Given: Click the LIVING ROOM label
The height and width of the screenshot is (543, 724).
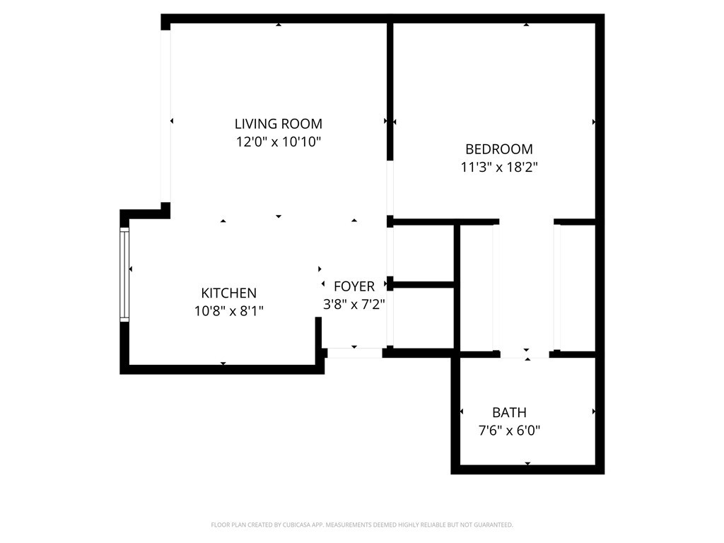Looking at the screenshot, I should point(279,124).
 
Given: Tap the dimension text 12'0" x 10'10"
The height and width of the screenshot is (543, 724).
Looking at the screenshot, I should point(279,142).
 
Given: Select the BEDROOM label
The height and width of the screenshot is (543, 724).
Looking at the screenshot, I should point(498,149).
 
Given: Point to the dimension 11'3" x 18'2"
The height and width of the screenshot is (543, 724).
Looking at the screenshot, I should point(498,168).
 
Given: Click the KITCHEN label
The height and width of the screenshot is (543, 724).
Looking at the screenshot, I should point(228,293).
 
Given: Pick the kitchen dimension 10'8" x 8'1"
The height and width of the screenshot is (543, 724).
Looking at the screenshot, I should point(228,310).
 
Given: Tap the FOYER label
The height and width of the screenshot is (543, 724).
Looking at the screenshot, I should point(354,286).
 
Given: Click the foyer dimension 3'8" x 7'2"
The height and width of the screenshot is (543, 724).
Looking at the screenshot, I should point(354,304).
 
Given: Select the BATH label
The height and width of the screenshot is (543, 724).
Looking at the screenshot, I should point(509,412).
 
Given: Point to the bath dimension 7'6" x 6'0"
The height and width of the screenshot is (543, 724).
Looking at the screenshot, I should point(509,430).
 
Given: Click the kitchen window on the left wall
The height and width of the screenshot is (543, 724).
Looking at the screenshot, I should point(125,275).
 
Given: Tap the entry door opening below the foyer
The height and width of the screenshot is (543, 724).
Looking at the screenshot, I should point(354,352).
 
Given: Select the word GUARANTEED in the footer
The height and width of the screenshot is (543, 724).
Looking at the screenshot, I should point(493,525).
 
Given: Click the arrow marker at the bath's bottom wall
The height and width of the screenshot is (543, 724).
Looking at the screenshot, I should point(527,463).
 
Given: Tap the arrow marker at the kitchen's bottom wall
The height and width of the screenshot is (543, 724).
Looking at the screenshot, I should point(223,363).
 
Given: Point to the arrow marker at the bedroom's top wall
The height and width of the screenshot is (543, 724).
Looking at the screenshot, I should point(526,25).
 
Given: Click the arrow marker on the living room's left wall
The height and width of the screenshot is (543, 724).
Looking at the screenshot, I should point(172,122).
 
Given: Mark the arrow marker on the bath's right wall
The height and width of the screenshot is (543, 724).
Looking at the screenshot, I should point(593,411).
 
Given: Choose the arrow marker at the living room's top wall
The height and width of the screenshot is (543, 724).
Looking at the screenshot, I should point(279,25).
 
